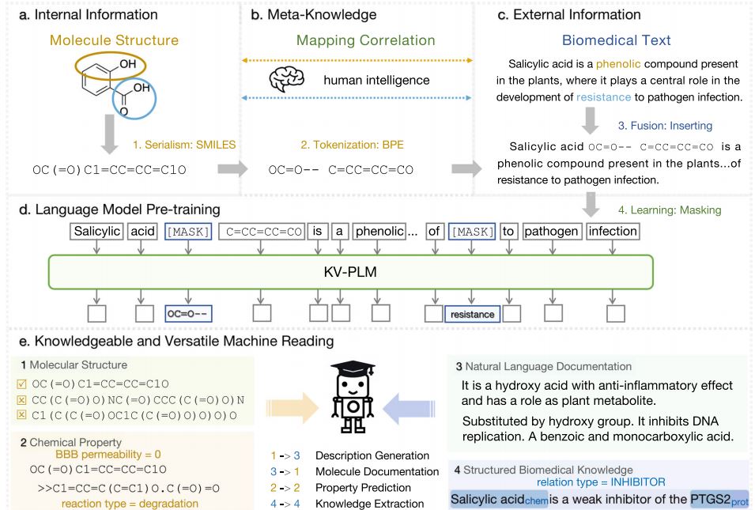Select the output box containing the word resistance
472,314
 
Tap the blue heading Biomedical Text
616,40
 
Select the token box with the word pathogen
551,232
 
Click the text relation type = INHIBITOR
601,482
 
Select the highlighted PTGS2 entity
718,499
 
